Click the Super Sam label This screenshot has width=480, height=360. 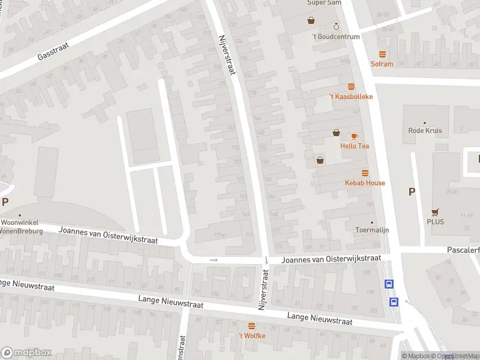pos(324,3)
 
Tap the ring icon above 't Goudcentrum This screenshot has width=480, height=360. pos(336,26)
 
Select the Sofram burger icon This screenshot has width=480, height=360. pos(382,54)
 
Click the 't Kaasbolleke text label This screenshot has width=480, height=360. pos(351,96)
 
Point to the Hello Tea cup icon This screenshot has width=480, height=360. pos(355,136)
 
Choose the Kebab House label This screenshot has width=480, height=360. pos(365,182)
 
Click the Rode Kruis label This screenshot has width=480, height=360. pos(425,130)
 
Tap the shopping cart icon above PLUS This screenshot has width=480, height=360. pos(435,211)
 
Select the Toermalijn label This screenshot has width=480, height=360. pos(372,230)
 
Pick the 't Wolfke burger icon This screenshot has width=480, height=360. pos(251,326)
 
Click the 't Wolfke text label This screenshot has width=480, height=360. pos(251,335)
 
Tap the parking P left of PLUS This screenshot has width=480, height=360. pos(412,192)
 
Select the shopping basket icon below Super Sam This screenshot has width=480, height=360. pos(311,20)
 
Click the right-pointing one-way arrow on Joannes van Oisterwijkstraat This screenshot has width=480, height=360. pos(214,260)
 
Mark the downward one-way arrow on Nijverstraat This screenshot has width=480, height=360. pos(266,260)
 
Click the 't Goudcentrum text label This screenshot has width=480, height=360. pos(336,37)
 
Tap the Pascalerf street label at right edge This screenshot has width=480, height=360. pos(463,249)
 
